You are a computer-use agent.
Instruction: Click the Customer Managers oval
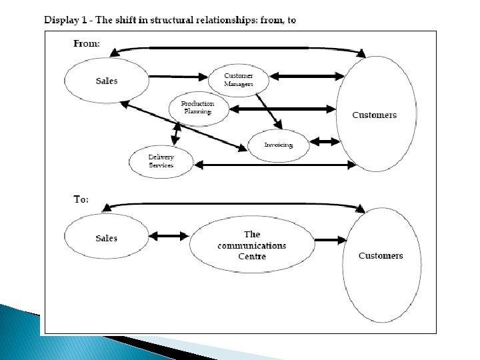click(x=238, y=80)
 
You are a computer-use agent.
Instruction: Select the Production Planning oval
click(x=198, y=108)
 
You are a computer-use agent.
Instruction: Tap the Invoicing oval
click(x=278, y=145)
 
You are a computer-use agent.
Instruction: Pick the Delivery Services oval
click(x=161, y=161)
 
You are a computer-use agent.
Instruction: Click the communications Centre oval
click(x=251, y=245)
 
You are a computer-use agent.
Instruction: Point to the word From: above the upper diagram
click(x=87, y=43)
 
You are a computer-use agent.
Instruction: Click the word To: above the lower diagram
click(x=81, y=199)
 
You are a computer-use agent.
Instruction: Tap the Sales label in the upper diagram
click(x=107, y=81)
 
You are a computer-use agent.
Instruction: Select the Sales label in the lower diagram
click(x=107, y=238)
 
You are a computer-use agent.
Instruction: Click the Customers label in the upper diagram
click(x=375, y=115)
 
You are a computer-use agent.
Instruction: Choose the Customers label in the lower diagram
click(x=381, y=255)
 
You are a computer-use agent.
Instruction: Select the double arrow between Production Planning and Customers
click(x=283, y=109)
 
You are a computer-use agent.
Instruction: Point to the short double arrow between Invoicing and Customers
click(x=325, y=141)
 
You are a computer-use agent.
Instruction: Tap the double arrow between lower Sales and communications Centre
click(x=169, y=235)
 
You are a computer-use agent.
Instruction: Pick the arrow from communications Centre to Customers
click(x=331, y=240)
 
